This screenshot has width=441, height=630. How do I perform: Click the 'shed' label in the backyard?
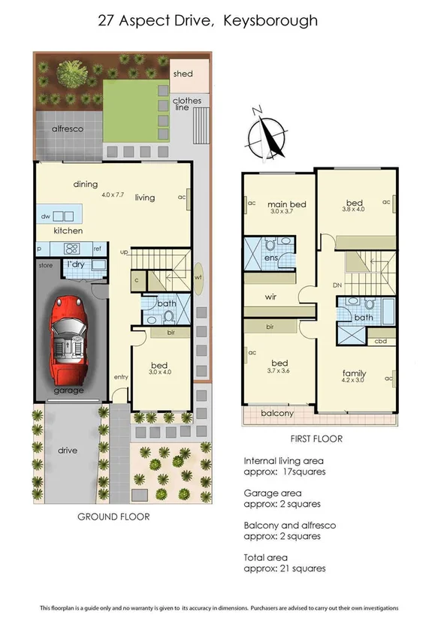183,74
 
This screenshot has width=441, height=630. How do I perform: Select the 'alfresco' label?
66,129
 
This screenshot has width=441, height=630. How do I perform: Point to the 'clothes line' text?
187,105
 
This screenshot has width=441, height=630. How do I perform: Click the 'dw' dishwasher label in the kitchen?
45,216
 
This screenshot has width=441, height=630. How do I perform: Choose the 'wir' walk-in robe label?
271,297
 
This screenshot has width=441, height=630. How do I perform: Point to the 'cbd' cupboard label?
380,340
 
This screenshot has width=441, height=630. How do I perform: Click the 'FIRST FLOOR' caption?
316,439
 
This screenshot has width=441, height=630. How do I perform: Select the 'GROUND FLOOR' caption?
113,517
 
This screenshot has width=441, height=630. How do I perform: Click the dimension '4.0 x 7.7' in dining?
113,194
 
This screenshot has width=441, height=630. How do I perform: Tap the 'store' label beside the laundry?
45,264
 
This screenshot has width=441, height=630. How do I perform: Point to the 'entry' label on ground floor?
121,377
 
